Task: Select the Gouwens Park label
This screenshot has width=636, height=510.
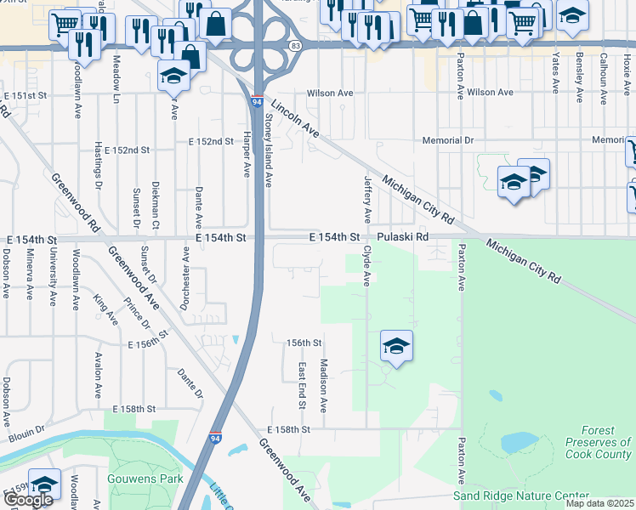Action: pos(145,478)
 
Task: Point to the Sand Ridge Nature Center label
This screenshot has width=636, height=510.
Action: pos(520,496)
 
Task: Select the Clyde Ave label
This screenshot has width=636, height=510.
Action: pos(367,265)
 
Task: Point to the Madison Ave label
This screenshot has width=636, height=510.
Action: pos(323,384)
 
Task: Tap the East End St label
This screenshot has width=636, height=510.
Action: pos(301,383)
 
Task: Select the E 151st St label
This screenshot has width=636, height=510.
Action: pos(24,96)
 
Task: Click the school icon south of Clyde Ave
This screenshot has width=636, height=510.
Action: pos(396,346)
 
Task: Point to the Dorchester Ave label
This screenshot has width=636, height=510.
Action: pos(185,269)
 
